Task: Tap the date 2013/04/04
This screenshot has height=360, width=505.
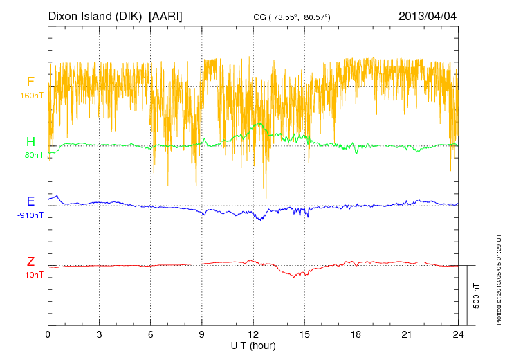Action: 428,15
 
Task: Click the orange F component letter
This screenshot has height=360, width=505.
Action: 30,82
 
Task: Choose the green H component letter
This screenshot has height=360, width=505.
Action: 30,142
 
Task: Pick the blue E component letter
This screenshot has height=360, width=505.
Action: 30,201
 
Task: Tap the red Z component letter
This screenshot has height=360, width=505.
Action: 30,261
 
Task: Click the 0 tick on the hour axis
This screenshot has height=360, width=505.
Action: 48,334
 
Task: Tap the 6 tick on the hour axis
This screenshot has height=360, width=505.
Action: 150,334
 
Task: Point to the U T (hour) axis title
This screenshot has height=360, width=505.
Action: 253,345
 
